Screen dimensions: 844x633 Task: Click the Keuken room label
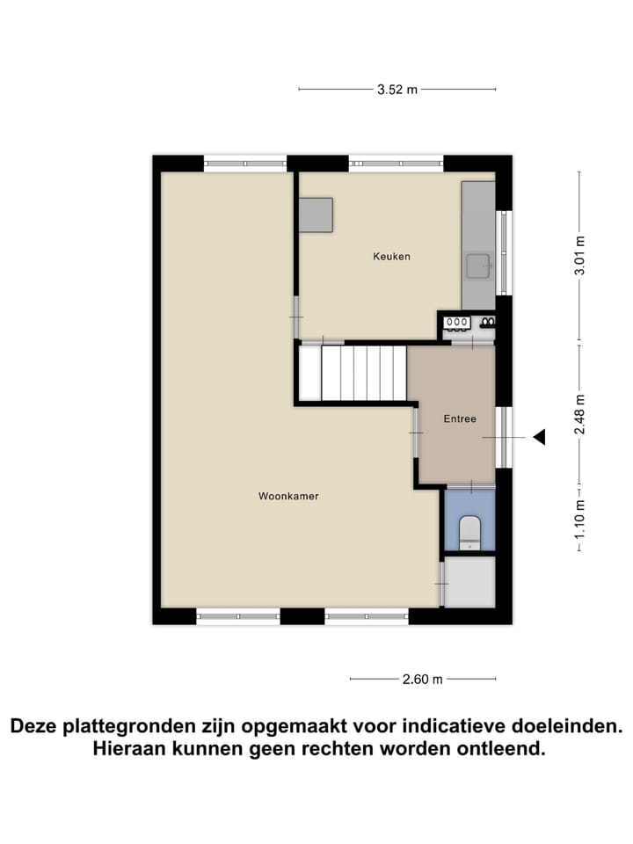(391, 257)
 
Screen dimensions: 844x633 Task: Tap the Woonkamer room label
(288, 496)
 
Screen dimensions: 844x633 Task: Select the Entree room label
(460, 418)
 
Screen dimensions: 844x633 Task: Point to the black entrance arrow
(539, 437)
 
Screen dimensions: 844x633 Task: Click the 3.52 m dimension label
(397, 89)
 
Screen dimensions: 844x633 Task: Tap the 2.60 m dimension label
(422, 679)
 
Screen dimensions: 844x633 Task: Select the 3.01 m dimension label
(578, 256)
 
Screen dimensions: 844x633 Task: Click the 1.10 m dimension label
(578, 518)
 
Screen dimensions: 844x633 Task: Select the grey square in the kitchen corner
(316, 215)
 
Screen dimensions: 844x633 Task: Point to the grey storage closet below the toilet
(470, 581)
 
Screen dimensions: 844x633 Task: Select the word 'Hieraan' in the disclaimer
(129, 749)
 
